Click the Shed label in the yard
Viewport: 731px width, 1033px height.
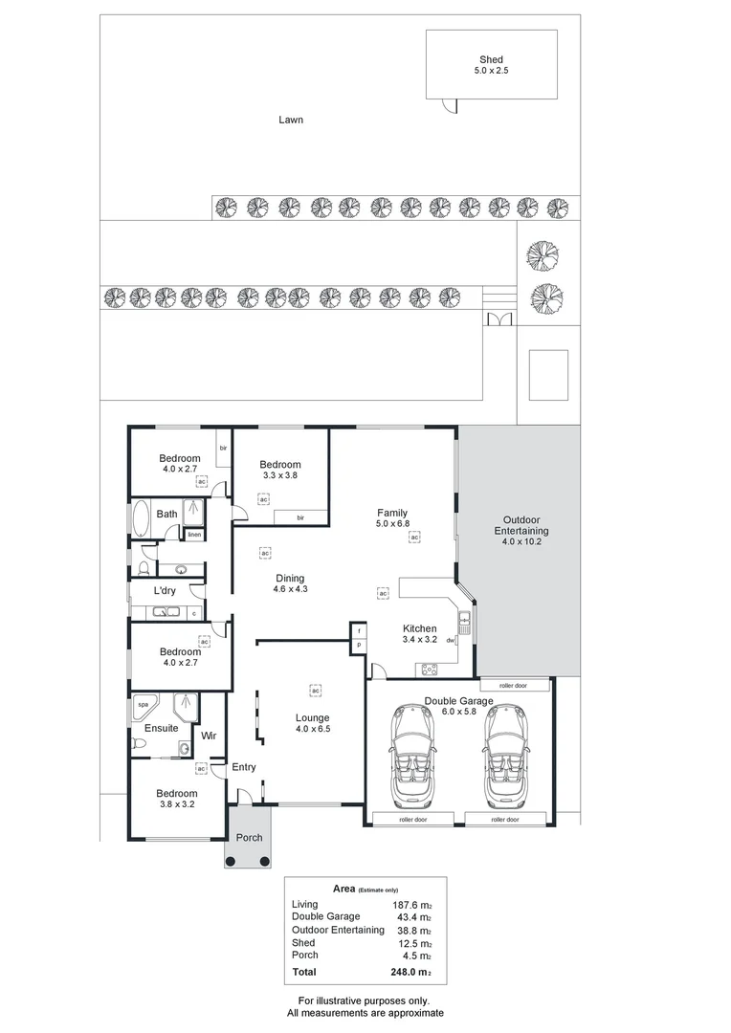(491, 60)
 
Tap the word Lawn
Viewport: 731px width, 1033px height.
(291, 120)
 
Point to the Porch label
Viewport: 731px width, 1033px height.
(250, 838)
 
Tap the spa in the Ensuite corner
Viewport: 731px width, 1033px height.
(144, 705)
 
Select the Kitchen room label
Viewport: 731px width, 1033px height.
(419, 628)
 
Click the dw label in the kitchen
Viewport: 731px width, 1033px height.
(450, 641)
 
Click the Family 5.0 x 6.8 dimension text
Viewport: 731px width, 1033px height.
(392, 524)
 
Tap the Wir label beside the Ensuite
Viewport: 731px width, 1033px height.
(208, 736)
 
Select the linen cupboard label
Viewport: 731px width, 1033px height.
(194, 535)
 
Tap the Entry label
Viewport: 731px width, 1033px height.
(244, 767)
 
